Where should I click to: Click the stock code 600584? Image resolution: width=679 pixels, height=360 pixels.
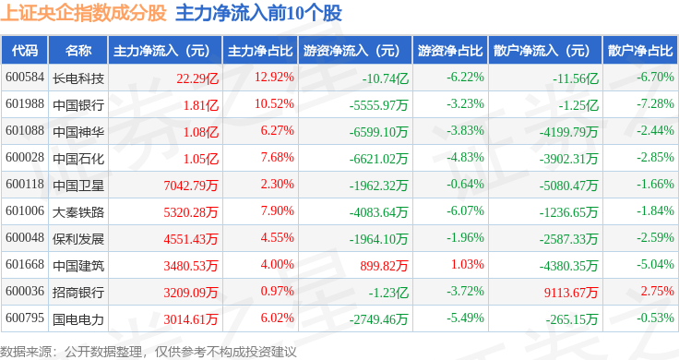[25, 78]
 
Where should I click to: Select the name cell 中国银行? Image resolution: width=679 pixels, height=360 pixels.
[78, 105]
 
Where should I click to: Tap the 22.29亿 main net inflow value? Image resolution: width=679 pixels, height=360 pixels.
[197, 78]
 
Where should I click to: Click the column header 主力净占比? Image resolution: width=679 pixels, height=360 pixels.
[260, 51]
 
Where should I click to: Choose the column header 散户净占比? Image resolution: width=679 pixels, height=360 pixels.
[640, 51]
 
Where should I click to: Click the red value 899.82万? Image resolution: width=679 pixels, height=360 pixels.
[384, 266]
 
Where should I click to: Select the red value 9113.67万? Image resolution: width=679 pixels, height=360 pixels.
[571, 293]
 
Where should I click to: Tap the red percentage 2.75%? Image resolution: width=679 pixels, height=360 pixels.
[658, 291]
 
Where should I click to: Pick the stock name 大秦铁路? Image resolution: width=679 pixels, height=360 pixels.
[78, 212]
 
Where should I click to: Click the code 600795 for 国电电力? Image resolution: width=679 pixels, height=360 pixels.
[25, 318]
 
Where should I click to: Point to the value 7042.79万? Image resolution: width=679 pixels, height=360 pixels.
[191, 186]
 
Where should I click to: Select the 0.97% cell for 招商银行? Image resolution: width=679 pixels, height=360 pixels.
[277, 291]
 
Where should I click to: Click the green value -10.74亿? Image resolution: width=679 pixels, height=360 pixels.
[385, 78]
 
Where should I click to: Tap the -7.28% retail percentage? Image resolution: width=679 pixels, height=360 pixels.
[655, 104]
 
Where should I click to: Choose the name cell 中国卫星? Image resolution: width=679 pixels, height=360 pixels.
[78, 186]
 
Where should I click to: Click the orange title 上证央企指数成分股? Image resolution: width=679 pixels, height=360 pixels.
[84, 13]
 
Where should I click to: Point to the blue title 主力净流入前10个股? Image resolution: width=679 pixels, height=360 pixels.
[258, 13]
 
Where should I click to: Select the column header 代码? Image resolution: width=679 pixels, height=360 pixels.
[25, 51]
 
